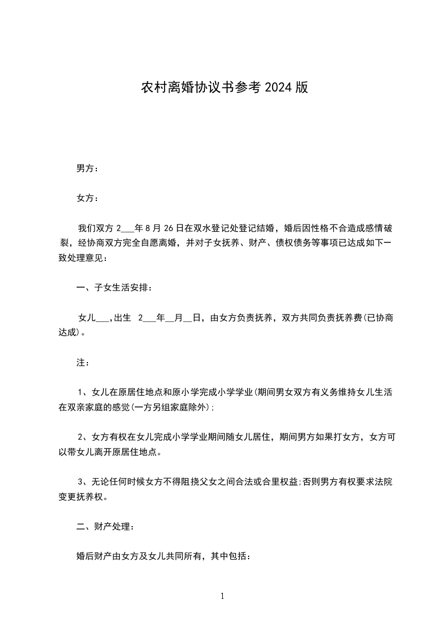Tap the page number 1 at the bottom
222,596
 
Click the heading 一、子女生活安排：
114,288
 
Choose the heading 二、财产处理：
105,527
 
